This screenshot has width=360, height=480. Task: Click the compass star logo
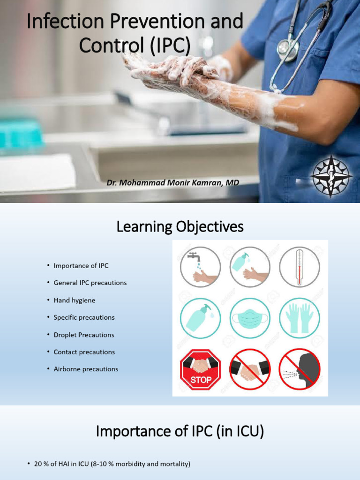pyautogui.click(x=331, y=176)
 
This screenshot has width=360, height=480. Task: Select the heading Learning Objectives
pyautogui.click(x=180, y=227)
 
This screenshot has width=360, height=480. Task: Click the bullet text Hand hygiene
pyautogui.click(x=75, y=300)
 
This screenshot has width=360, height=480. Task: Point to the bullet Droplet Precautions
pyautogui.click(x=84, y=335)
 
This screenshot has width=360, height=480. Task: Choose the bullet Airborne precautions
pyautogui.click(x=86, y=369)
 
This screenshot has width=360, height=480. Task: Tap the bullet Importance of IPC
pyautogui.click(x=81, y=266)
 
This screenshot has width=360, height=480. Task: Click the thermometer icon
pyautogui.click(x=300, y=267)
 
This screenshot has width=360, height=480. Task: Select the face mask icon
pyautogui.click(x=250, y=318)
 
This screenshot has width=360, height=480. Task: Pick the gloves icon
pyautogui.click(x=300, y=318)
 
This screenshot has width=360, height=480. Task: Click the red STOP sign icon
pyautogui.click(x=201, y=369)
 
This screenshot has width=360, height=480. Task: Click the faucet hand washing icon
pyautogui.click(x=201, y=267)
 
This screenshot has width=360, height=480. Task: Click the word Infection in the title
pyautogui.click(x=57, y=22)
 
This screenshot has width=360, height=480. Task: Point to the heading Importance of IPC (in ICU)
pyautogui.click(x=180, y=431)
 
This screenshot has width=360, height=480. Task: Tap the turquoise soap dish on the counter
pyautogui.click(x=20, y=135)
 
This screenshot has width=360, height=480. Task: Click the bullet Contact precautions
pyautogui.click(x=84, y=352)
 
